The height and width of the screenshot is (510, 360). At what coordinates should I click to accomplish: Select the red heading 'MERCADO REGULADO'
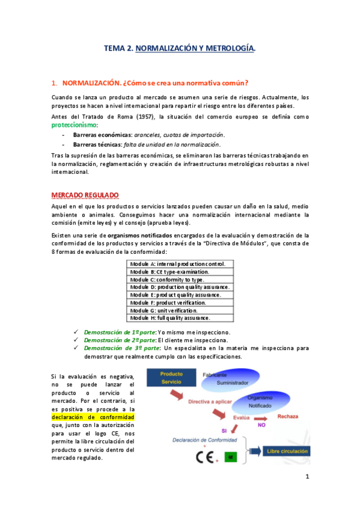click(x=85, y=195)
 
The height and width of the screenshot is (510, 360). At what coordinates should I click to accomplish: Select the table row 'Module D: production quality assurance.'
click(x=180, y=287)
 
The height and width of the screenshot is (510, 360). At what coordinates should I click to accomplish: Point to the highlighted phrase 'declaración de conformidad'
click(x=93, y=417)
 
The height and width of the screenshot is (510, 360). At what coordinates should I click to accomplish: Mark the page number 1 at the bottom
click(x=307, y=478)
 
